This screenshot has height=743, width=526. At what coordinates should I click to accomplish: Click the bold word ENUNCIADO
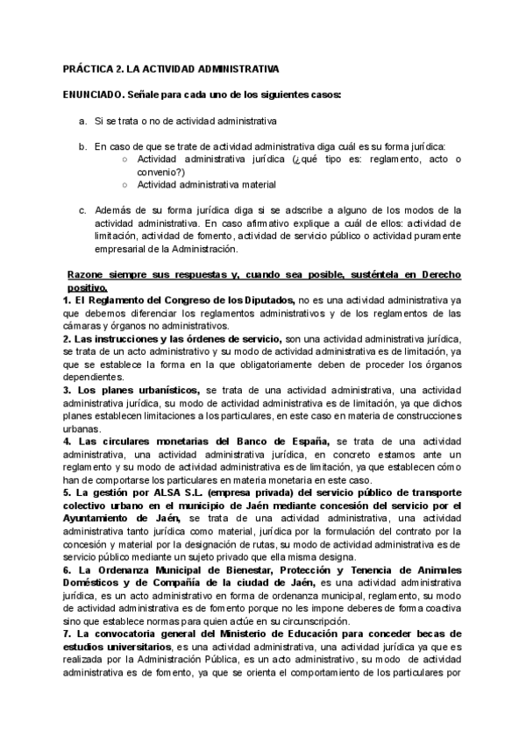point(94,94)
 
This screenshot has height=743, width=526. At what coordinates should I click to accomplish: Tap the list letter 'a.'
point(82,120)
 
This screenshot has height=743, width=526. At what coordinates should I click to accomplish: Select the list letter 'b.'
point(82,146)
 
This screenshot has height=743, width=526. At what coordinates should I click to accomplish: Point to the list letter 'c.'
point(82,210)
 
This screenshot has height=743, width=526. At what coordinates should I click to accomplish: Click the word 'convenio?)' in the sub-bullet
point(160,172)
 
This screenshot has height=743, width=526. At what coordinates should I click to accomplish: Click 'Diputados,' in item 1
point(271,301)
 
